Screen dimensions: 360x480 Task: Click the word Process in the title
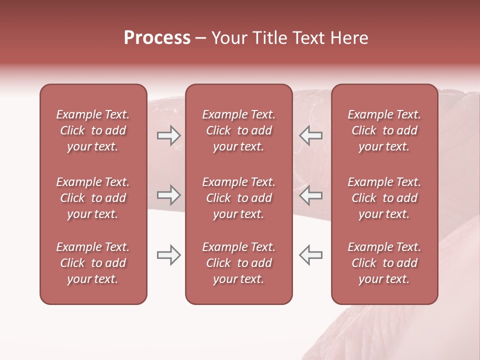click(157, 38)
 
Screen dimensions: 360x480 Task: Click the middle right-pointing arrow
click(168, 195)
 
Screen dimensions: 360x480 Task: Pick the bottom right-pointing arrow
click(168, 255)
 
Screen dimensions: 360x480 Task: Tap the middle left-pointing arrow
click(311, 195)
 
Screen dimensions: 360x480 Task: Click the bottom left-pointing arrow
click(311, 255)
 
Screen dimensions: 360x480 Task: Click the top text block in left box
click(93, 130)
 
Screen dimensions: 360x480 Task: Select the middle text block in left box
click(93, 198)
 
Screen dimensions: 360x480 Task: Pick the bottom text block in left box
click(93, 263)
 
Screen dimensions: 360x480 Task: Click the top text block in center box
click(238, 130)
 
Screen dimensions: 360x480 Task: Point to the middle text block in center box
click(238, 198)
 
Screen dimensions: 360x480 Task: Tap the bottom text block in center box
click(238, 263)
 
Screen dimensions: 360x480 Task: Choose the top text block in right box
click(384, 130)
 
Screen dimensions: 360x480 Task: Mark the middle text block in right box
click(384, 198)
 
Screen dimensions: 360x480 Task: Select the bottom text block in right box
click(384, 263)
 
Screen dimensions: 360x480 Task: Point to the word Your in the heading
click(229, 38)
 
